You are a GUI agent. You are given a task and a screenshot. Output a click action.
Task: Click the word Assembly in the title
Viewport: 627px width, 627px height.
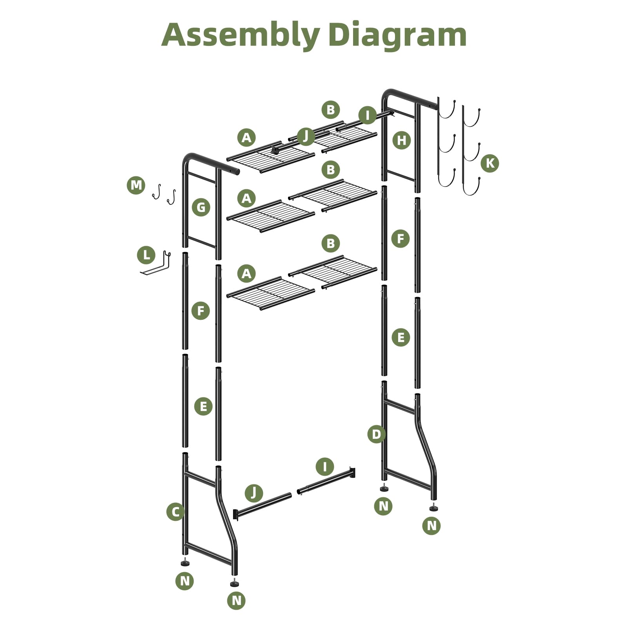[x=240, y=35]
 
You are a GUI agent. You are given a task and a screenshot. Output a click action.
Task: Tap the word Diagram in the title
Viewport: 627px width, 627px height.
[x=397, y=35]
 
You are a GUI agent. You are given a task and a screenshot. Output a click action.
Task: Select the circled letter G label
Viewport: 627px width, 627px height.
[x=201, y=207]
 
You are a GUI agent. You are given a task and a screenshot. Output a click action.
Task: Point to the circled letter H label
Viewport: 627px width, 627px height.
[x=402, y=140]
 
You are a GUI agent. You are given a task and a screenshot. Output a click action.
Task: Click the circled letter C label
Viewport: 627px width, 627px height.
[x=175, y=511]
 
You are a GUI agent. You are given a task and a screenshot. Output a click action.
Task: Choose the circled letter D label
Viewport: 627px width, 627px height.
[x=376, y=434]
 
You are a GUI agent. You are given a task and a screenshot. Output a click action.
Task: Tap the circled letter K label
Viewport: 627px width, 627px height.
[x=490, y=163]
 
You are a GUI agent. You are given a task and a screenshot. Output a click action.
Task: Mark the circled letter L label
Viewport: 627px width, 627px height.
[x=146, y=256]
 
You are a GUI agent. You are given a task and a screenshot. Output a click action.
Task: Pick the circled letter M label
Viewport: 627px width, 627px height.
[x=136, y=185]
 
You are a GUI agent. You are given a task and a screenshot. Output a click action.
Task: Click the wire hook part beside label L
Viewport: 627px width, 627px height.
[x=157, y=265]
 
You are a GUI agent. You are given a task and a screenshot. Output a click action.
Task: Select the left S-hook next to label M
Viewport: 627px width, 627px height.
[x=157, y=192]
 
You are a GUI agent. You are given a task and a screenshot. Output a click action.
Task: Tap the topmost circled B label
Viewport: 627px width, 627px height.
[x=330, y=110]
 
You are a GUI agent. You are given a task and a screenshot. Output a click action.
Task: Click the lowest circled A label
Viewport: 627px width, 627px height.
[x=246, y=274]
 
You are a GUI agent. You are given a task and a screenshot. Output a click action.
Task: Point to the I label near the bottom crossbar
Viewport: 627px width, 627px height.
[x=324, y=467]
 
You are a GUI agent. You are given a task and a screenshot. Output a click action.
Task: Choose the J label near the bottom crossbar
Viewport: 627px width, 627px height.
[x=254, y=493]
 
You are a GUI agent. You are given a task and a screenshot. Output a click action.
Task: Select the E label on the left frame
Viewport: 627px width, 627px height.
[x=203, y=406]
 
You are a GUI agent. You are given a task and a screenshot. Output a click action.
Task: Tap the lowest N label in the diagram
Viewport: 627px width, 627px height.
[x=236, y=600]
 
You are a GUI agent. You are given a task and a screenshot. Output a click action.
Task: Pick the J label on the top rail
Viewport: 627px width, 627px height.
[x=306, y=136]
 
